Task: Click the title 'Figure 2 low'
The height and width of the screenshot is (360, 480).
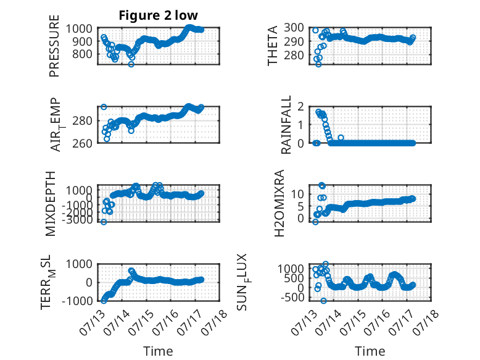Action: coord(159,15)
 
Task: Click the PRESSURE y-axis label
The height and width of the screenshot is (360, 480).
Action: coord(54,46)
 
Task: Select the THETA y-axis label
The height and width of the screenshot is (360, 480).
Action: coord(272,46)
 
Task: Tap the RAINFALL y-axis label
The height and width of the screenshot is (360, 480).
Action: coord(286,125)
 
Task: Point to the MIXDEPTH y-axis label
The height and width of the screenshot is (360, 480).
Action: coord(50,204)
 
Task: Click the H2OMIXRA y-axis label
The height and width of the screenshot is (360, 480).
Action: coord(279,203)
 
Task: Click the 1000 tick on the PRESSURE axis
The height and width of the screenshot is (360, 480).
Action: coord(79,28)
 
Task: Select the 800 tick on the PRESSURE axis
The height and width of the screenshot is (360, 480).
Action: coord(82,54)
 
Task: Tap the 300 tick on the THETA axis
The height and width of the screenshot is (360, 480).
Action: coord(294,28)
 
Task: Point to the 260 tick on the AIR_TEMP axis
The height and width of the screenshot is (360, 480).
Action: coord(82,143)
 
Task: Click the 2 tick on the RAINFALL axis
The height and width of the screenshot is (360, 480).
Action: coord(300,106)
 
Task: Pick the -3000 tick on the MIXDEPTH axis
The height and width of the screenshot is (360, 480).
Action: coord(77,220)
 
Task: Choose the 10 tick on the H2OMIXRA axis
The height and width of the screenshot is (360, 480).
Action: coord(297,194)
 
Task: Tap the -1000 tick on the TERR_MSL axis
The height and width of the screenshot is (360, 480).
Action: coord(77,301)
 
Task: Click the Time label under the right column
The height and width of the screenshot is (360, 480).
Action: coord(370,351)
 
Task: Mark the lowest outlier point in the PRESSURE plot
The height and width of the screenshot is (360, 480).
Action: coord(131,64)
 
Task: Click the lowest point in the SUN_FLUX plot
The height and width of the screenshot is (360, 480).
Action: coord(323,301)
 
